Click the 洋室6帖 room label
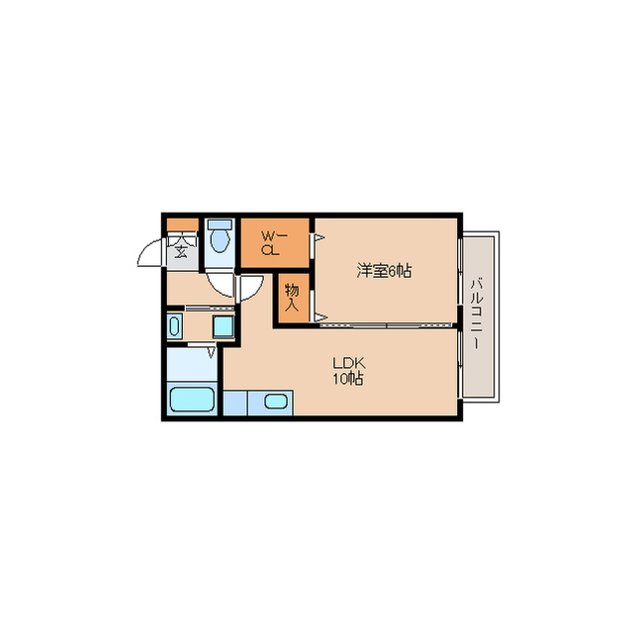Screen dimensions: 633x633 pos(384,270)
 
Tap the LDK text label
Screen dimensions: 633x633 pos(349,363)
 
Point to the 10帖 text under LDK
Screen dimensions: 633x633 pos(348,379)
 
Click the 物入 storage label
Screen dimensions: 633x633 pos(292,297)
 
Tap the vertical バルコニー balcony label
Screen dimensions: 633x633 pos(477,314)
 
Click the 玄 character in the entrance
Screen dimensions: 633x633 pos(181,251)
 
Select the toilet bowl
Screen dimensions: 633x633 pos(220,240)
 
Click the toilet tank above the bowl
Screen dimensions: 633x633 pos(220,225)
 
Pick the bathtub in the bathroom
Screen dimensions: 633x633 pos(192,399)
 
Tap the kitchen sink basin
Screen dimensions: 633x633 pos(276,402)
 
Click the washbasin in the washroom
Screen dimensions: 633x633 pos(174,326)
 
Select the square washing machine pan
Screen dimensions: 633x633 pos(224,326)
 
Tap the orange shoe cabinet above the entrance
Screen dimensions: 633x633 pos(182,225)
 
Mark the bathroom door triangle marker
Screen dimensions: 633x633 pos(211,352)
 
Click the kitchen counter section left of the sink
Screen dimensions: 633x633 pos(235,403)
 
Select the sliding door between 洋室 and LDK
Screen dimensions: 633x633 pos(387,324)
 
